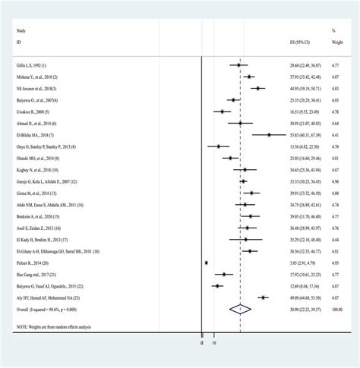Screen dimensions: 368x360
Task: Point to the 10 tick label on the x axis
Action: click(213, 343)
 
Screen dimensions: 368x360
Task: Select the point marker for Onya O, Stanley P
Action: click(218, 146)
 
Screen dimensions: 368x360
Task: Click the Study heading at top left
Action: click(22, 31)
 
